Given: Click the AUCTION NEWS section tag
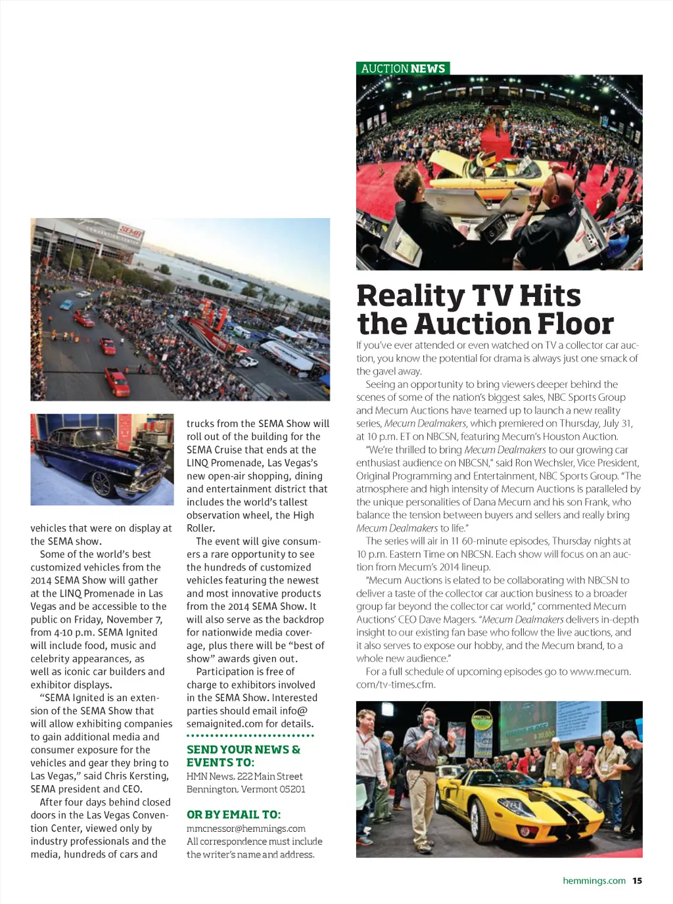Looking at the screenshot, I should click(403, 68).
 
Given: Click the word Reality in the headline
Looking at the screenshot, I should click(410, 296).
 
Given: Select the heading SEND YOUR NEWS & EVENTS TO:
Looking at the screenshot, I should click(243, 756).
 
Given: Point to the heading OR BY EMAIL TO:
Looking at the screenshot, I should click(233, 815).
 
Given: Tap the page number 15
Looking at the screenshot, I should click(637, 880).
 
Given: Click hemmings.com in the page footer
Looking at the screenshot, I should click(594, 880).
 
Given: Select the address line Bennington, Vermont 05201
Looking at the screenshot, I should click(246, 789).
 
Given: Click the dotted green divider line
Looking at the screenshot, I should click(250, 736).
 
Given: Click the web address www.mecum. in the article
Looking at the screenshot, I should click(600, 671).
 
